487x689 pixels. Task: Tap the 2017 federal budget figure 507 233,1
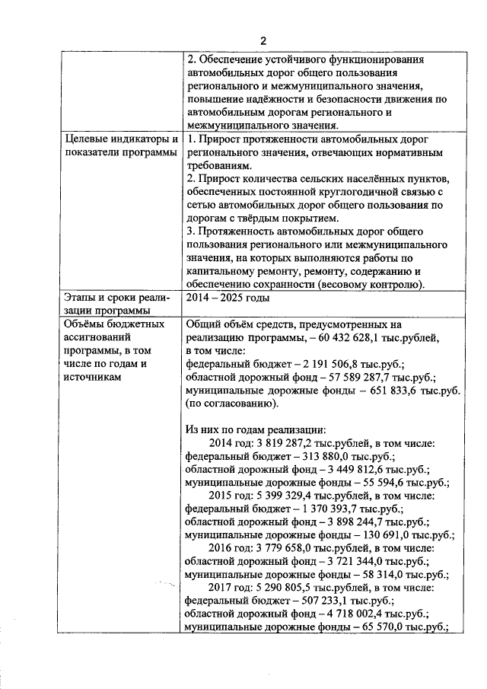pyautogui.click(x=323, y=601)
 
